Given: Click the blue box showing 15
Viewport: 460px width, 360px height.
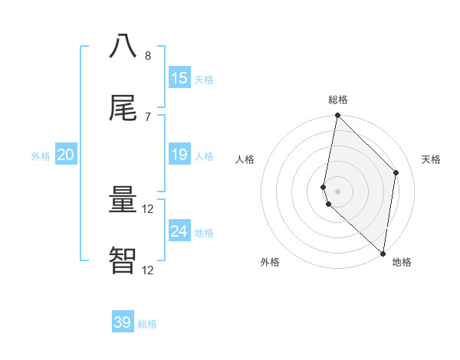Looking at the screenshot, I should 179,78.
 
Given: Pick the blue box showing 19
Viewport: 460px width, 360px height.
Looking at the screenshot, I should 179,155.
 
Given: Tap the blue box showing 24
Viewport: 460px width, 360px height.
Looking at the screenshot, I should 179,231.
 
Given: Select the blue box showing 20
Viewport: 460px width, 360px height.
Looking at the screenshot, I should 65,155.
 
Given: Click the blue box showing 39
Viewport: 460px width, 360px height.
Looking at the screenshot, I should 123,322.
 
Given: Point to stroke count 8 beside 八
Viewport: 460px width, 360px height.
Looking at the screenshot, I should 148,56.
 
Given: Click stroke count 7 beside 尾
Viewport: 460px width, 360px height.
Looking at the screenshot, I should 148,116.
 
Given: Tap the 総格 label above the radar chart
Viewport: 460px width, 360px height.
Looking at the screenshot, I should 338,100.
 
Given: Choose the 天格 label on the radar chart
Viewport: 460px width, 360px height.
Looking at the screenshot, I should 431,159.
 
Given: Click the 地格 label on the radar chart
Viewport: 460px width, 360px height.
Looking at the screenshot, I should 402,262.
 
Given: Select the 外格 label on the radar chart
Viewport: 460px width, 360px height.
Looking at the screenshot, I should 270,262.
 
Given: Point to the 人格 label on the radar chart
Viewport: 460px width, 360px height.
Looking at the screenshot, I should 245,159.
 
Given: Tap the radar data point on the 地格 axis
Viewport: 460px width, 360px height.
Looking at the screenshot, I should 383,254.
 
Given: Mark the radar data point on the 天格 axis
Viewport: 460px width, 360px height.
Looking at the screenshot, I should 396,172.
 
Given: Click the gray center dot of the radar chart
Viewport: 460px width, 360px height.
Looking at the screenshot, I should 338,191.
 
